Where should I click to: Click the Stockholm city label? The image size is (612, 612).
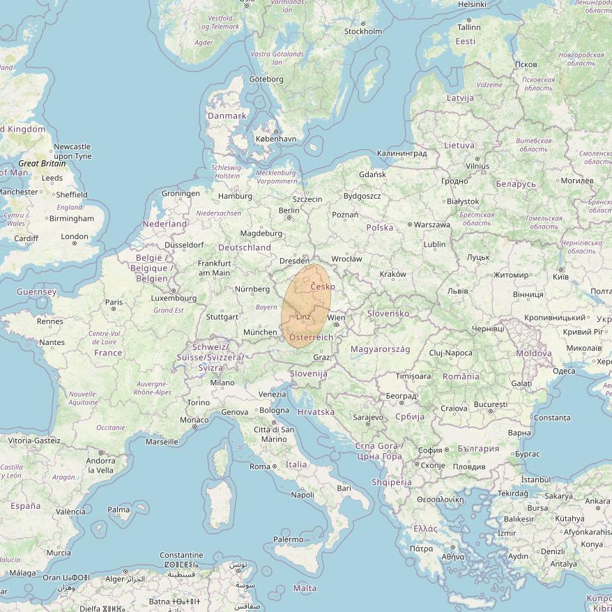(x=363, y=31)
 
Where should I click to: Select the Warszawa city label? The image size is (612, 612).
(x=432, y=225)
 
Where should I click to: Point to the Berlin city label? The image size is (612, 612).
(x=289, y=210)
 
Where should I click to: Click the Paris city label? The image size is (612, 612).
(x=114, y=303)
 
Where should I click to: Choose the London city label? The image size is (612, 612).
(x=75, y=236)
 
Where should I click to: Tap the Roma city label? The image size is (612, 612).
(x=260, y=466)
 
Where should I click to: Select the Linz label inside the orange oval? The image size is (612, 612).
(x=303, y=317)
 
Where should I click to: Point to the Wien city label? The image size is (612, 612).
(x=337, y=318)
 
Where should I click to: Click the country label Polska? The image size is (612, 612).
(x=380, y=227)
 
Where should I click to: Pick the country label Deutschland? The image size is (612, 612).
(x=245, y=247)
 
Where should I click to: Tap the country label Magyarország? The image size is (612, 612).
(x=380, y=349)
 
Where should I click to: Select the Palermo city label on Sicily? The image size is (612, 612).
(x=289, y=540)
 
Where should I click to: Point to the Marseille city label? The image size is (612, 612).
(x=162, y=442)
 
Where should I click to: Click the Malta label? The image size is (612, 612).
(x=305, y=588)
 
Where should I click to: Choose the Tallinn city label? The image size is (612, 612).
(x=469, y=27)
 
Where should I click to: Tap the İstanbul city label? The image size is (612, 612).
(x=536, y=480)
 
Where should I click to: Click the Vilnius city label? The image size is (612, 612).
(x=478, y=167)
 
